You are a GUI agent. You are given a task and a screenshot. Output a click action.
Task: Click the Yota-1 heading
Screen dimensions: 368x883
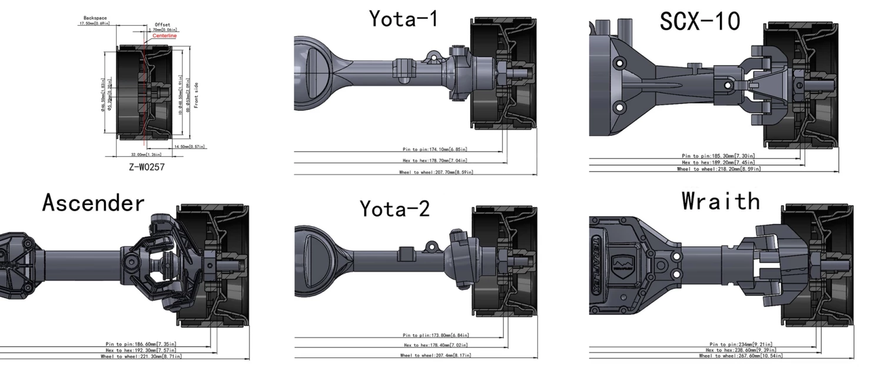[x=403, y=19]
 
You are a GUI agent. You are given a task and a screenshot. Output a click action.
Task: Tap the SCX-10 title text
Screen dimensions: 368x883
[x=700, y=22]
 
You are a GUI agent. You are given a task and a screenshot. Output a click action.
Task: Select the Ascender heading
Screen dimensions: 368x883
[x=93, y=203]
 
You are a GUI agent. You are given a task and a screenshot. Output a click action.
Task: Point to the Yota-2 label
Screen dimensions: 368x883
[x=394, y=208]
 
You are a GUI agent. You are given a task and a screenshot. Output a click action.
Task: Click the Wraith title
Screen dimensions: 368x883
[x=721, y=202]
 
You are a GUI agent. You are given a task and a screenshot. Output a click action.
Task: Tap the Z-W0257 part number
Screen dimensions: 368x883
[x=147, y=167]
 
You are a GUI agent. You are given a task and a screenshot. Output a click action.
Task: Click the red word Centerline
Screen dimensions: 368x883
[x=164, y=36]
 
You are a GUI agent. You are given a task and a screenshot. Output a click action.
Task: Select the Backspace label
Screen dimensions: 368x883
[x=95, y=18]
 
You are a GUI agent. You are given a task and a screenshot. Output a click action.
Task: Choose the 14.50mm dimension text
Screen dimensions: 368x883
[x=190, y=146]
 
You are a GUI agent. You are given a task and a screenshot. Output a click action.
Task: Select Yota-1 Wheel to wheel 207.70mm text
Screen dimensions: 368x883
[x=436, y=172]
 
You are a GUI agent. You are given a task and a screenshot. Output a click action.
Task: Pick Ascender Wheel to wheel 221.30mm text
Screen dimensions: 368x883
[x=141, y=356]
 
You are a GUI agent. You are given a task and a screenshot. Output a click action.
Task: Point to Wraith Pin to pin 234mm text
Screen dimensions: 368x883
[x=741, y=344]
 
